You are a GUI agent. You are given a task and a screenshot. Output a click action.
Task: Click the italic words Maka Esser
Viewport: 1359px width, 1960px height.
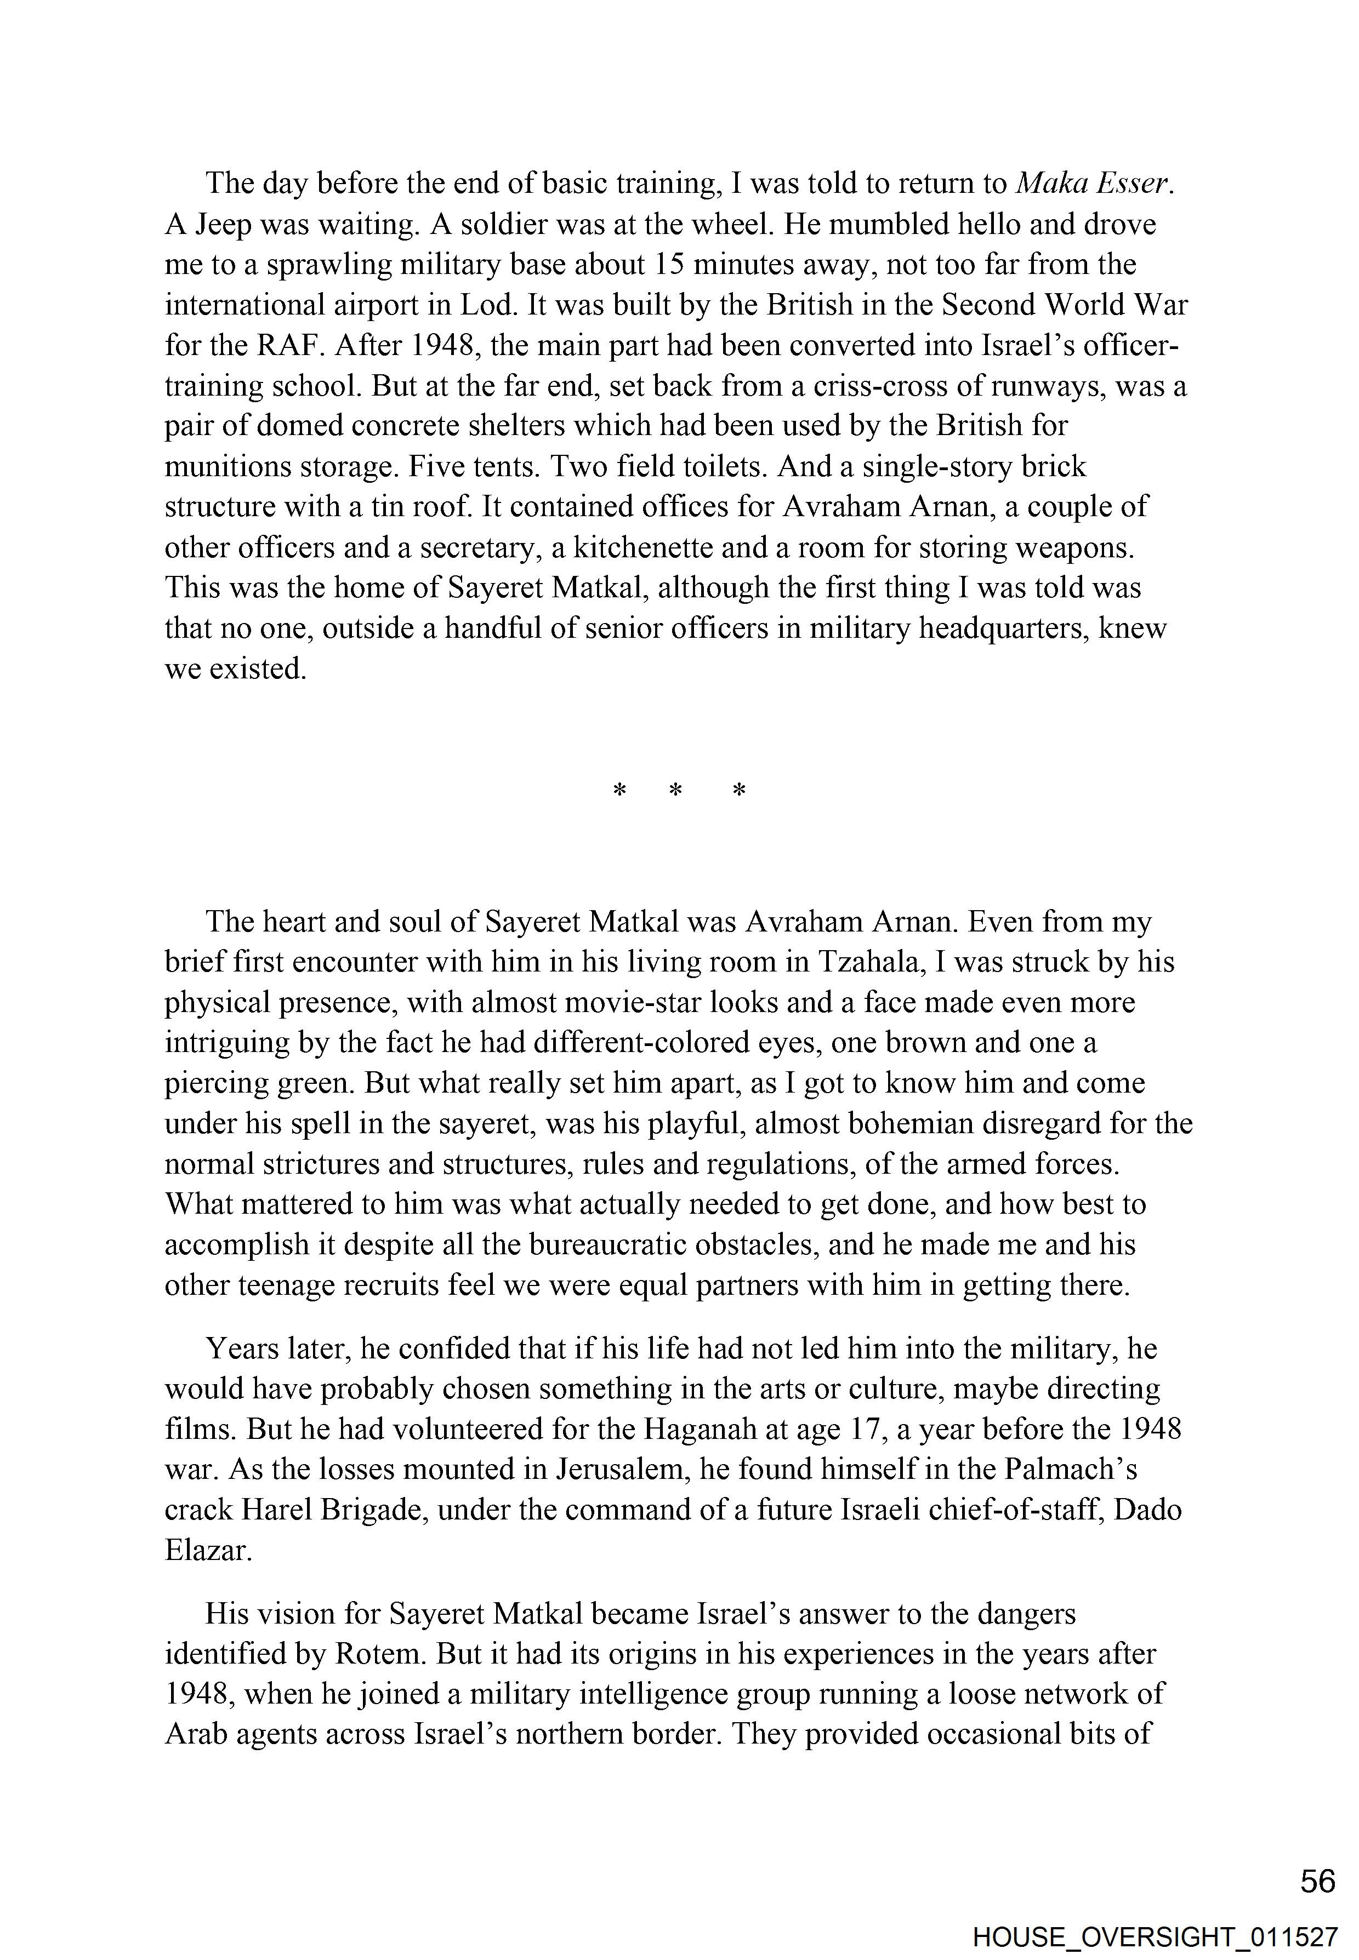pos(1096,184)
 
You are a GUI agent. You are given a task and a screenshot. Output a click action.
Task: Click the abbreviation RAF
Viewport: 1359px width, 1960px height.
pos(289,346)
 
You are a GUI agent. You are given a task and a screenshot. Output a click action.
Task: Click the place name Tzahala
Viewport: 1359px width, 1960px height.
pos(870,962)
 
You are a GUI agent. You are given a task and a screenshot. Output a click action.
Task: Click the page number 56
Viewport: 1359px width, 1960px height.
pos(1317,1881)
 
